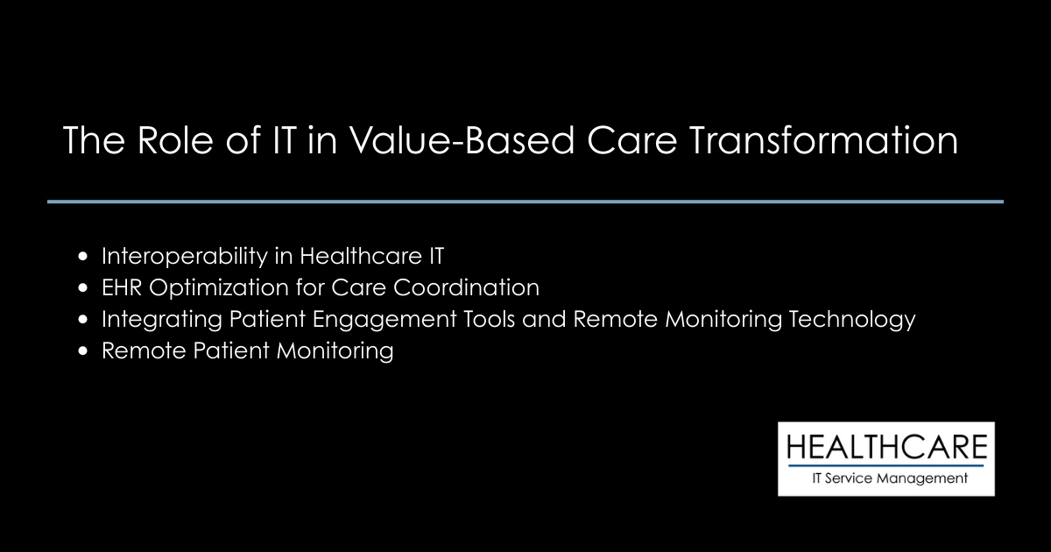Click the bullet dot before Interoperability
[83, 257]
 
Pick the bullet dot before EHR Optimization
[83, 288]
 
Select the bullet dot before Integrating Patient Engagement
[83, 320]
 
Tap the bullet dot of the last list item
[83, 351]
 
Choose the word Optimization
[216, 288]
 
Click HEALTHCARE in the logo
[886, 448]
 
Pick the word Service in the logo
[856, 478]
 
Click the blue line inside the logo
[886, 465]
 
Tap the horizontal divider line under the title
[525, 202]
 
